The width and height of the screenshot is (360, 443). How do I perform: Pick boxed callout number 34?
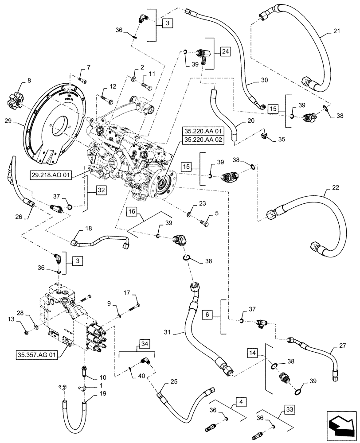pos(144,343)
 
